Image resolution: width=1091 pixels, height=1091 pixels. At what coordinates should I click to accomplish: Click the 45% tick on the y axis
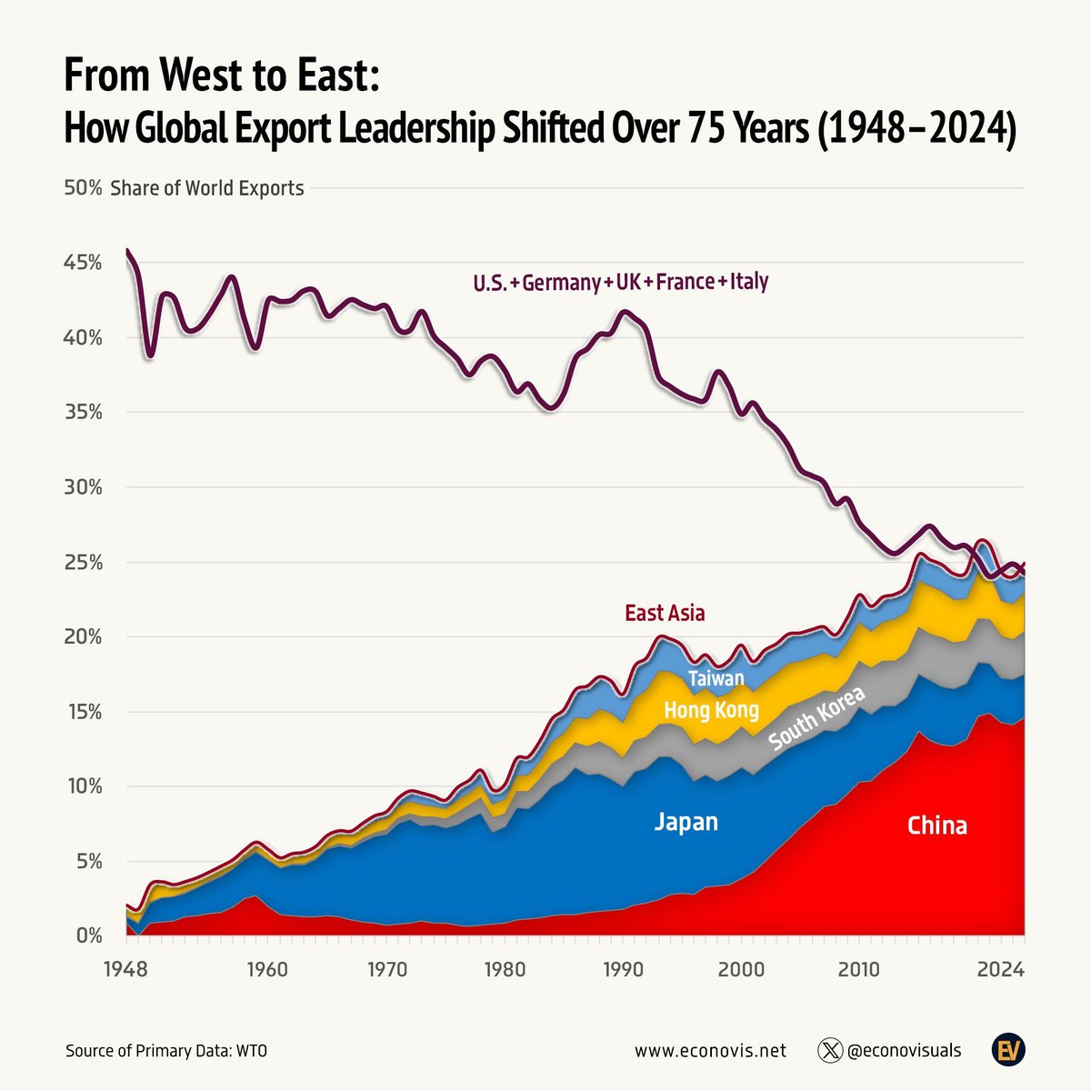click(x=83, y=263)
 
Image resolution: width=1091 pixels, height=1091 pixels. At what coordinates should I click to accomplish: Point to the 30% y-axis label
click(x=83, y=487)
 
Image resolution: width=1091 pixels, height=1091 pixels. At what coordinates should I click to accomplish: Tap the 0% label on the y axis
click(x=87, y=936)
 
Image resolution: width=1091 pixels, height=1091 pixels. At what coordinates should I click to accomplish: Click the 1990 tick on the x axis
click(x=624, y=969)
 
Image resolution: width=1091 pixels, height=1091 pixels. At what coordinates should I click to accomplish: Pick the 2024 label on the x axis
click(x=1001, y=969)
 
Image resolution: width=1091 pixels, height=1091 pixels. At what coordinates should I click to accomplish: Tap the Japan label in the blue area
click(x=686, y=822)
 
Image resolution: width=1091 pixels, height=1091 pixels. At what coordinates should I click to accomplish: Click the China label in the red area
click(x=936, y=826)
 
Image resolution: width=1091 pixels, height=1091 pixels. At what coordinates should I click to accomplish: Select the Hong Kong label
click(x=711, y=710)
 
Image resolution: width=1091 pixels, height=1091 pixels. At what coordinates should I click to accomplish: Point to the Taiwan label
click(x=716, y=678)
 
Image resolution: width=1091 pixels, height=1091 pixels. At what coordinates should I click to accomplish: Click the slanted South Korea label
click(x=816, y=718)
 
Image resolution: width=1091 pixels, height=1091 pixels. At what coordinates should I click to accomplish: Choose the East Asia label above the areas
click(x=665, y=613)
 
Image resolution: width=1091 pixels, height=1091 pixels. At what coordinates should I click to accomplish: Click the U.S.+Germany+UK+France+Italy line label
click(x=620, y=282)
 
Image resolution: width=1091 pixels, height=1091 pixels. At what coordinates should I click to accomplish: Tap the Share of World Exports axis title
click(x=207, y=188)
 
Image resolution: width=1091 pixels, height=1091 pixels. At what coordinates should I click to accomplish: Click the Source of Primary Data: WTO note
click(x=166, y=1051)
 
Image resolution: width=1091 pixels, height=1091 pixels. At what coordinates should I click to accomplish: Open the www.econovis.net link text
click(x=710, y=1051)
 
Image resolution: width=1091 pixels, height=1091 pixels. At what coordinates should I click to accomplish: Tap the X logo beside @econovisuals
click(x=830, y=1050)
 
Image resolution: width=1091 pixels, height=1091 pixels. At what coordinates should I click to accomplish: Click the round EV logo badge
click(x=1008, y=1050)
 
